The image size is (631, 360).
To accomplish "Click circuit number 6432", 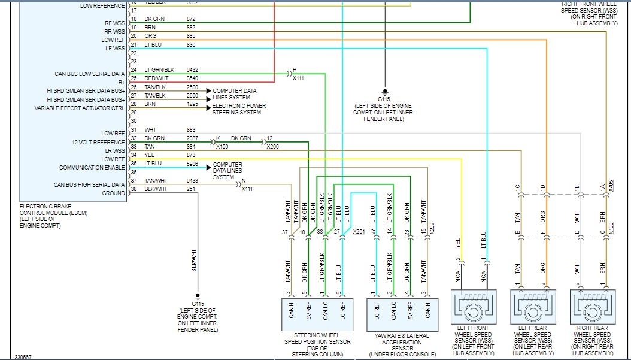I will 192,70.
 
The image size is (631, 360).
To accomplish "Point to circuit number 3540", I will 192,78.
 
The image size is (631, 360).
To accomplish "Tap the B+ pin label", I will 121,83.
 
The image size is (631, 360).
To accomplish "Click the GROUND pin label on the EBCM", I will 113,193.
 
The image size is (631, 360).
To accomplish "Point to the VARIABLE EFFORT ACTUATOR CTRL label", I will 80,108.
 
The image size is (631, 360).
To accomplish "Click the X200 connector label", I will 272,147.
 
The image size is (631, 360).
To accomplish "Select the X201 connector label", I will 359,231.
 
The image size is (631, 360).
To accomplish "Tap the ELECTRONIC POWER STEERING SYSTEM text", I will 239,109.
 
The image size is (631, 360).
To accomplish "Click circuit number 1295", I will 192,104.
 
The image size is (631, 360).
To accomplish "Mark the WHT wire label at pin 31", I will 150,129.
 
